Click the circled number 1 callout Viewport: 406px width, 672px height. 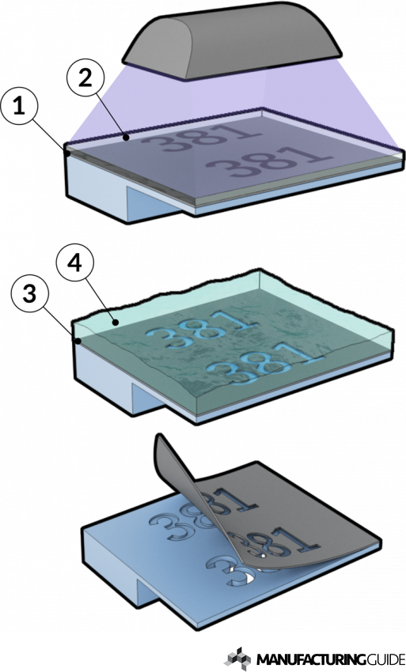[x=18, y=107]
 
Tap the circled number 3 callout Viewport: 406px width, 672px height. [x=29, y=294]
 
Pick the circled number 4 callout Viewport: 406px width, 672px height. [x=74, y=264]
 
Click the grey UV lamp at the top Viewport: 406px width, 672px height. [x=232, y=40]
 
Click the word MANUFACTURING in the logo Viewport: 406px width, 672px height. [x=306, y=659]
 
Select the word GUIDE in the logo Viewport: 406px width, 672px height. [x=380, y=659]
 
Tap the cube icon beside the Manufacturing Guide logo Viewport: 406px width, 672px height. [x=238, y=659]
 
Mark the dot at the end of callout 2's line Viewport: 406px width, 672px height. [x=125, y=138]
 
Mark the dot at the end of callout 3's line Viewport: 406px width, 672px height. [x=78, y=342]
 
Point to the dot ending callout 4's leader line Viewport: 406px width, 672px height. [x=114, y=322]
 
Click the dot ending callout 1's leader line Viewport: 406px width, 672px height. [x=67, y=151]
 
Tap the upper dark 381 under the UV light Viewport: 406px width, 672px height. [x=201, y=137]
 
